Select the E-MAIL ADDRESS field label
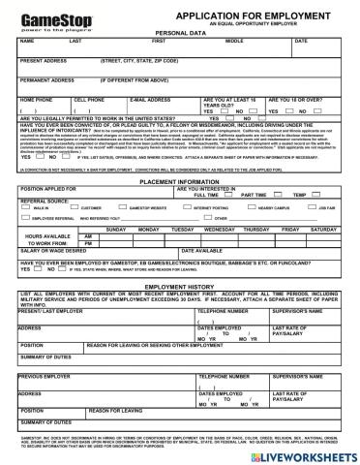[151, 99]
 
